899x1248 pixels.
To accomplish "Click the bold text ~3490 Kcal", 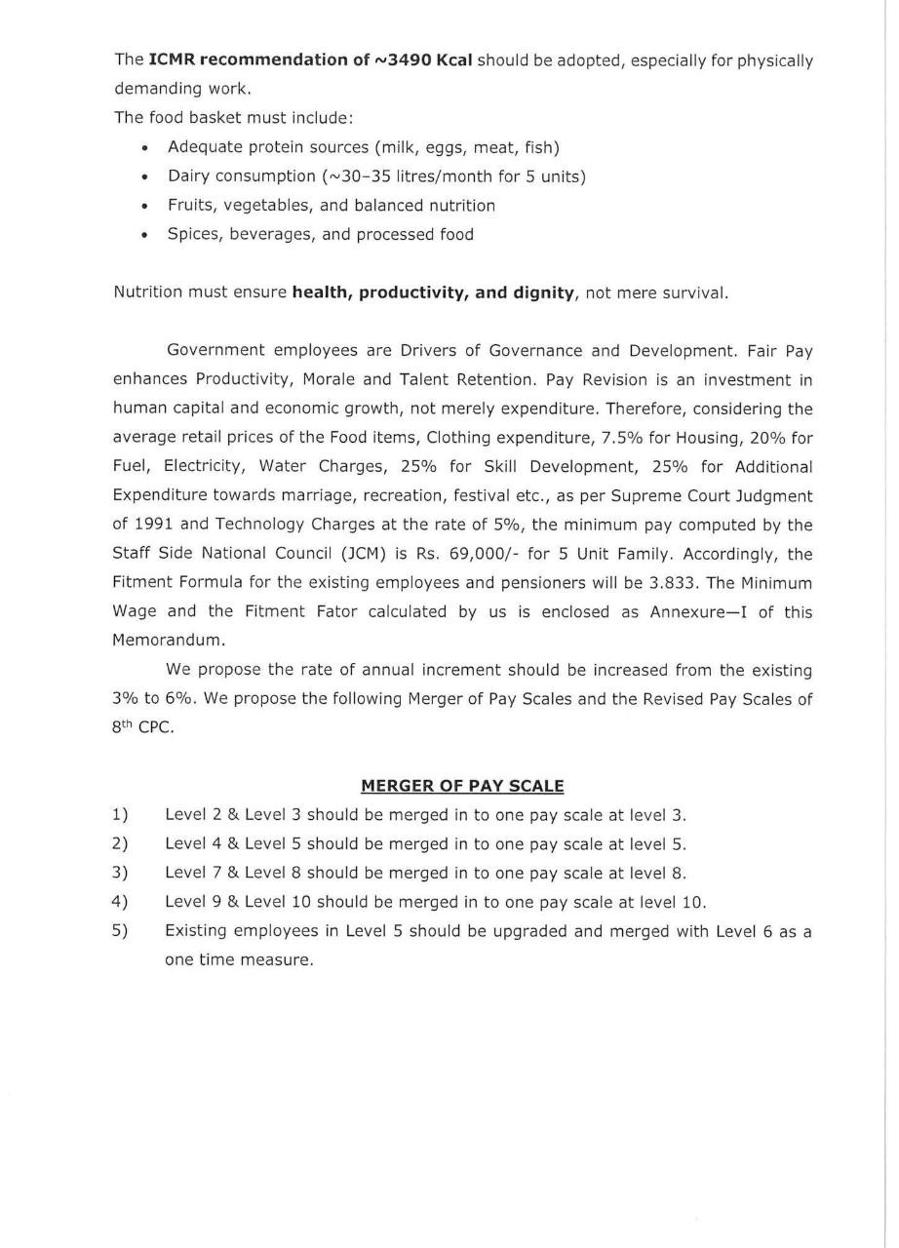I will [423, 60].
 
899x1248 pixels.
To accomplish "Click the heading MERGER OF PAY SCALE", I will [462, 785].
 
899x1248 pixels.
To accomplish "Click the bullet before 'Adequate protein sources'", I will [145, 148].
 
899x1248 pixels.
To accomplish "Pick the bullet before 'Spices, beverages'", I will [145, 235].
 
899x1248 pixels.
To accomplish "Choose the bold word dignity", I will [538, 292].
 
